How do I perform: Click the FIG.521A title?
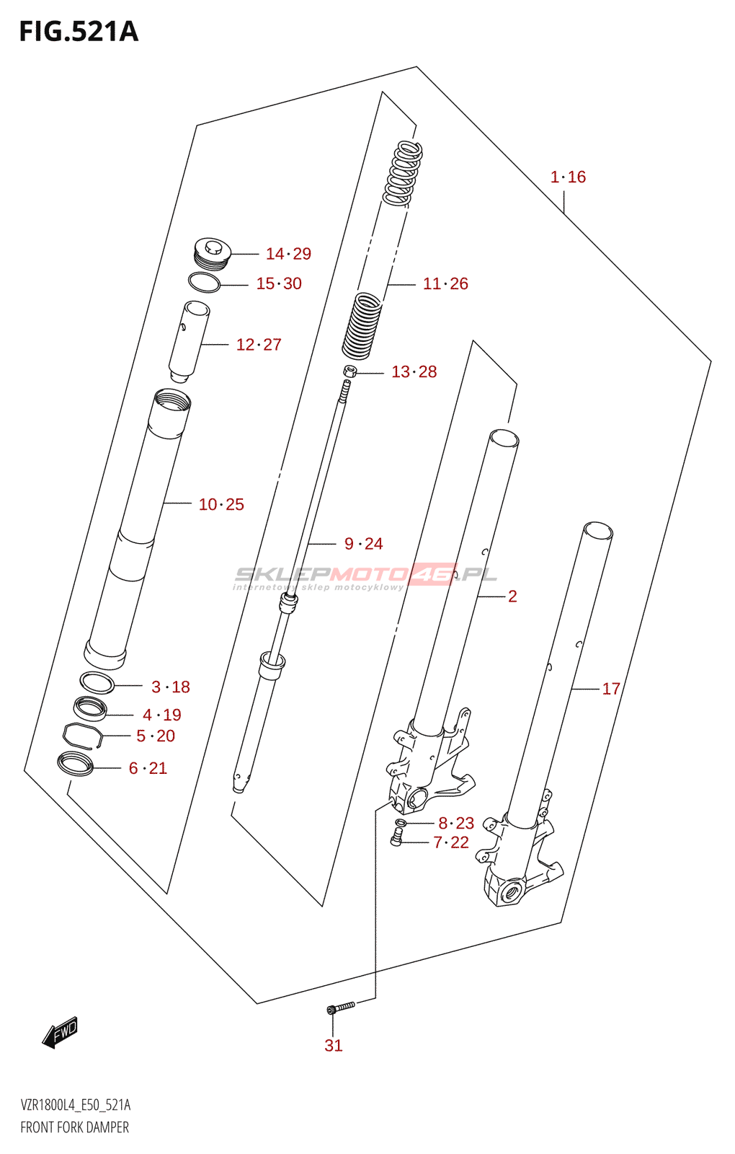pos(79,32)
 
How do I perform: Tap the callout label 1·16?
pos(568,177)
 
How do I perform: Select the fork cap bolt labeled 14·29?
pos(211,253)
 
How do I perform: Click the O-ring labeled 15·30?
pos(204,283)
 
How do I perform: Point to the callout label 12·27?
pos(259,345)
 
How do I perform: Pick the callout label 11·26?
pos(445,283)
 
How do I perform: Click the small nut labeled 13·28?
pos(351,371)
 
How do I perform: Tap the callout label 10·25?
pos(221,504)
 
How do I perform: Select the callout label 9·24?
pos(364,544)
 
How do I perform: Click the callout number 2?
pos(512,596)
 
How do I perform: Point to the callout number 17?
pos(611,689)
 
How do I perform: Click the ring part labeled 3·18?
pos(97,682)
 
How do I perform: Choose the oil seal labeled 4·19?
pos(90,708)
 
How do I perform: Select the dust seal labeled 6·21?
pos(75,763)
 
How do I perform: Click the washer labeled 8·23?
pos(401,823)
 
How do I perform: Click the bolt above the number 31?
pos(340,1007)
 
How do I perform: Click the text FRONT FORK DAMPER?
pos(75,1127)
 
